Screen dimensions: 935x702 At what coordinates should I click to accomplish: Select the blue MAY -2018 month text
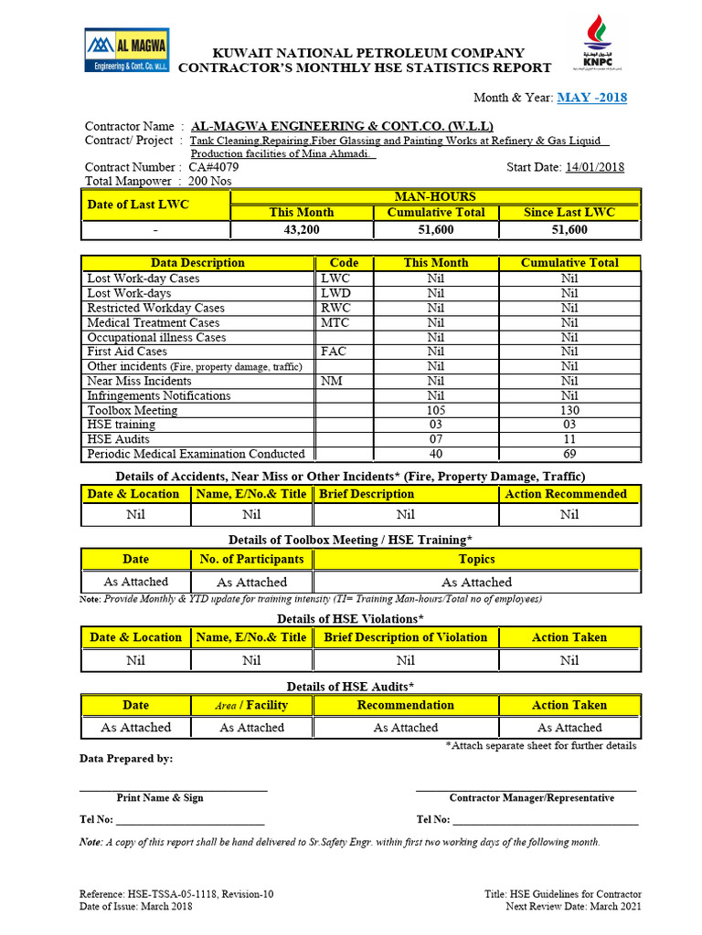coord(591,98)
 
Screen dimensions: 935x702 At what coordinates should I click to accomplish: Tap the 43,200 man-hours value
coord(302,230)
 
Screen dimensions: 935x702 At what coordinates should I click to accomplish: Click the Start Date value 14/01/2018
coord(595,167)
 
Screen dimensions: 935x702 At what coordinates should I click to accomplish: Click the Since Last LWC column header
coord(569,213)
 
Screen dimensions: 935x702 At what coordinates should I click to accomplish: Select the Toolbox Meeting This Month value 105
coord(436,410)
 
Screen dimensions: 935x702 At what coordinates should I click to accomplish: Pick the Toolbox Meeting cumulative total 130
coord(569,410)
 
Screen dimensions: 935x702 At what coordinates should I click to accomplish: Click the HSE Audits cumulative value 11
coord(569,439)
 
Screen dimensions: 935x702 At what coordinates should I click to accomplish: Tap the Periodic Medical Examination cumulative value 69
coord(569,454)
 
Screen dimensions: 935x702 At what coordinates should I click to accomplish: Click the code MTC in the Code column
coord(335,322)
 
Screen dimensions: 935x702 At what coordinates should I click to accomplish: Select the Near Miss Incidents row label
coord(139,381)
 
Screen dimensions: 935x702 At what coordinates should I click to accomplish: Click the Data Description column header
coord(197,263)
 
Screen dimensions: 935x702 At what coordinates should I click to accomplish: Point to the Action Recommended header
coord(569,494)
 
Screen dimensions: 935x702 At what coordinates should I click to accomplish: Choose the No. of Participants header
coord(251,559)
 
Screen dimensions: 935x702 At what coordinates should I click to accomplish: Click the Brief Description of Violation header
coord(406,637)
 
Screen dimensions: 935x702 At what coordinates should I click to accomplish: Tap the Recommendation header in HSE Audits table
coord(406,705)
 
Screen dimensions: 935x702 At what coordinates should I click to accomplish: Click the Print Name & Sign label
coord(160,797)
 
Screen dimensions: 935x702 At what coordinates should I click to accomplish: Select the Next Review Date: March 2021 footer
coord(573,906)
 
